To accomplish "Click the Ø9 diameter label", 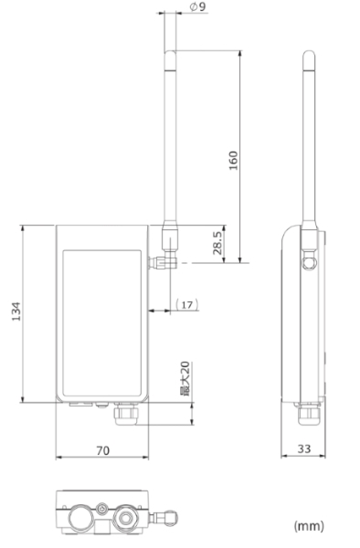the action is (198, 6).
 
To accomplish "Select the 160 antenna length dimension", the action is (233, 161).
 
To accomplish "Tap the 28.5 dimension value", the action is (217, 243).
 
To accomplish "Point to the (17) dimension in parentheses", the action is (187, 305).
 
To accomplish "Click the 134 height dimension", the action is (16, 311).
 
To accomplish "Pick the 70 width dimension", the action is (102, 451).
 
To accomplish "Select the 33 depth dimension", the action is (304, 448).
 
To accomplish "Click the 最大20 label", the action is (185, 379).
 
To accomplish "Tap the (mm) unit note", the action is (309, 526).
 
